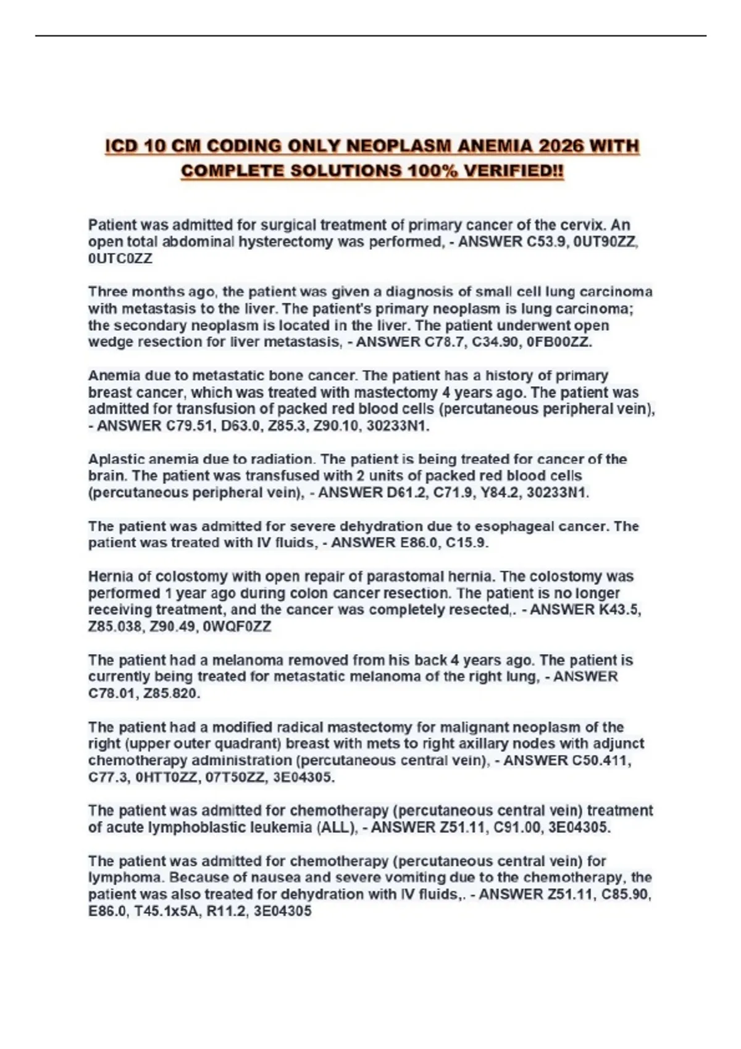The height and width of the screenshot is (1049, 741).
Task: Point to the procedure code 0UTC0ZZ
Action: (x=120, y=259)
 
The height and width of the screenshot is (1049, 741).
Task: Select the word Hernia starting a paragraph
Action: (x=109, y=577)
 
